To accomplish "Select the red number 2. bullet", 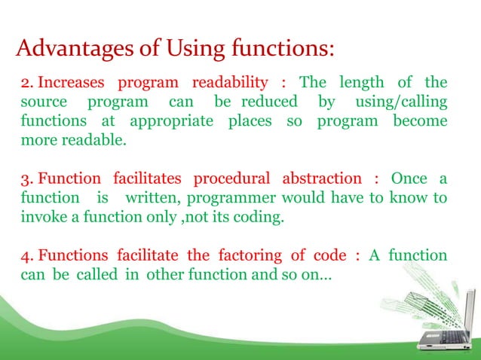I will coord(26,82).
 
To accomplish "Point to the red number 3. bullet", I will coord(26,178).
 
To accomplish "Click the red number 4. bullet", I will coord(26,255).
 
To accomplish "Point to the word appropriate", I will coord(170,121).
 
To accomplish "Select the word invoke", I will coord(38,218).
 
